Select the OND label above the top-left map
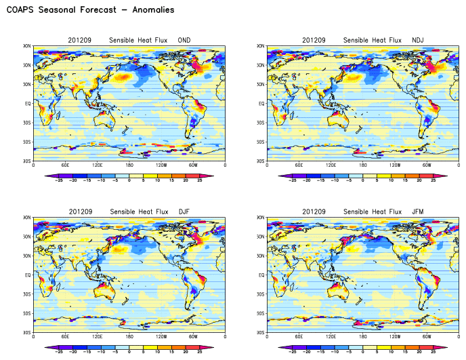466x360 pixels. tap(184, 41)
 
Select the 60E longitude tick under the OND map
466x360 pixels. tap(65, 165)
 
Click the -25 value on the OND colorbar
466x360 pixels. tap(59, 181)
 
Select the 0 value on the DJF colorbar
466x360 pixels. tap(129, 353)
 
